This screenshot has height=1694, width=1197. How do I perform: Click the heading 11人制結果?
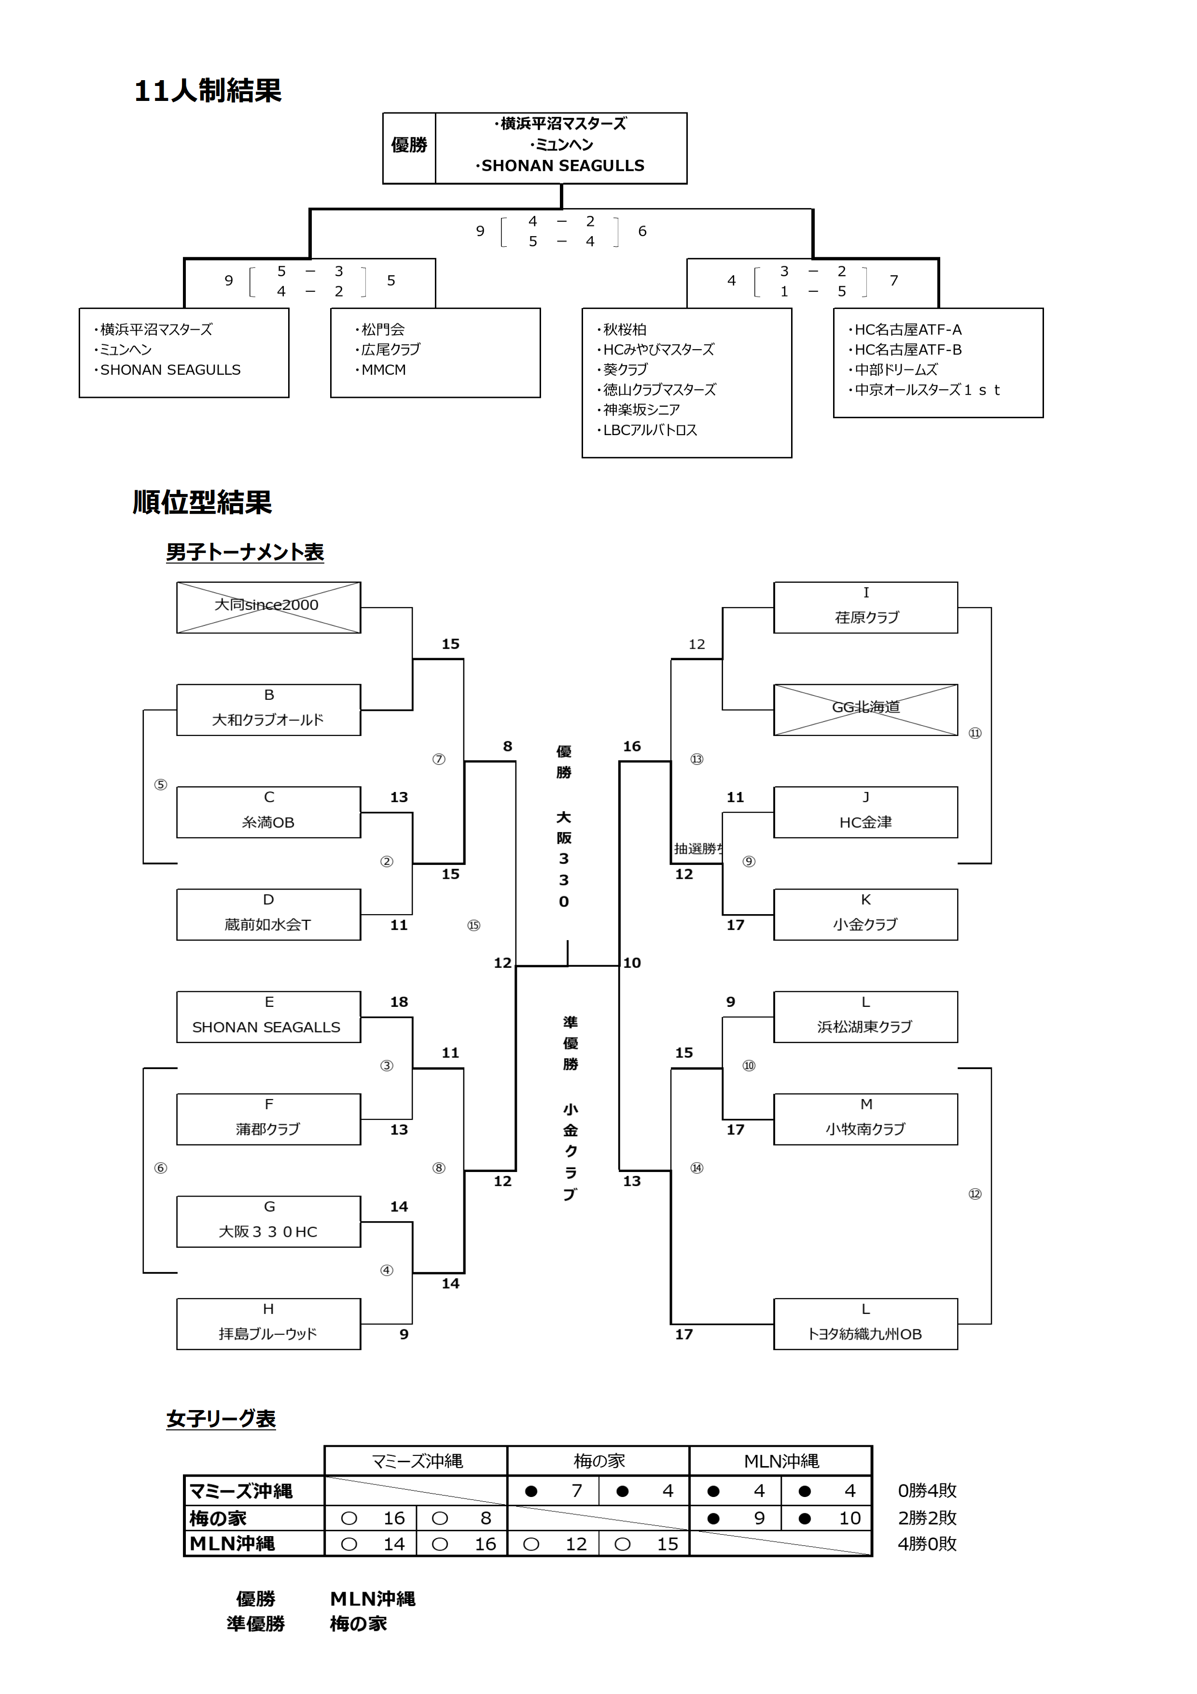click(x=208, y=91)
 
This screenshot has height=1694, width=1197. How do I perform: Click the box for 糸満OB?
click(x=268, y=812)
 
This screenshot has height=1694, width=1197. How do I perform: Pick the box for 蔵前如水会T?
click(x=268, y=915)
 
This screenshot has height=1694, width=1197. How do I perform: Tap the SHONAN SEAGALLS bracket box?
click(x=268, y=1017)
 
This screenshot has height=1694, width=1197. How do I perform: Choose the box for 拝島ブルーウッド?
click(x=268, y=1325)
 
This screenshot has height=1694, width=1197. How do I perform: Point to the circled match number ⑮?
click(x=473, y=925)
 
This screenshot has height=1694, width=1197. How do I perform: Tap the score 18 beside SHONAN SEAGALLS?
click(x=399, y=1002)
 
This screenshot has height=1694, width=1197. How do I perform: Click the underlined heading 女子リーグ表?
click(x=221, y=1419)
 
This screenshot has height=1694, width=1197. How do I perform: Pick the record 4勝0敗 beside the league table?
click(x=927, y=1544)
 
